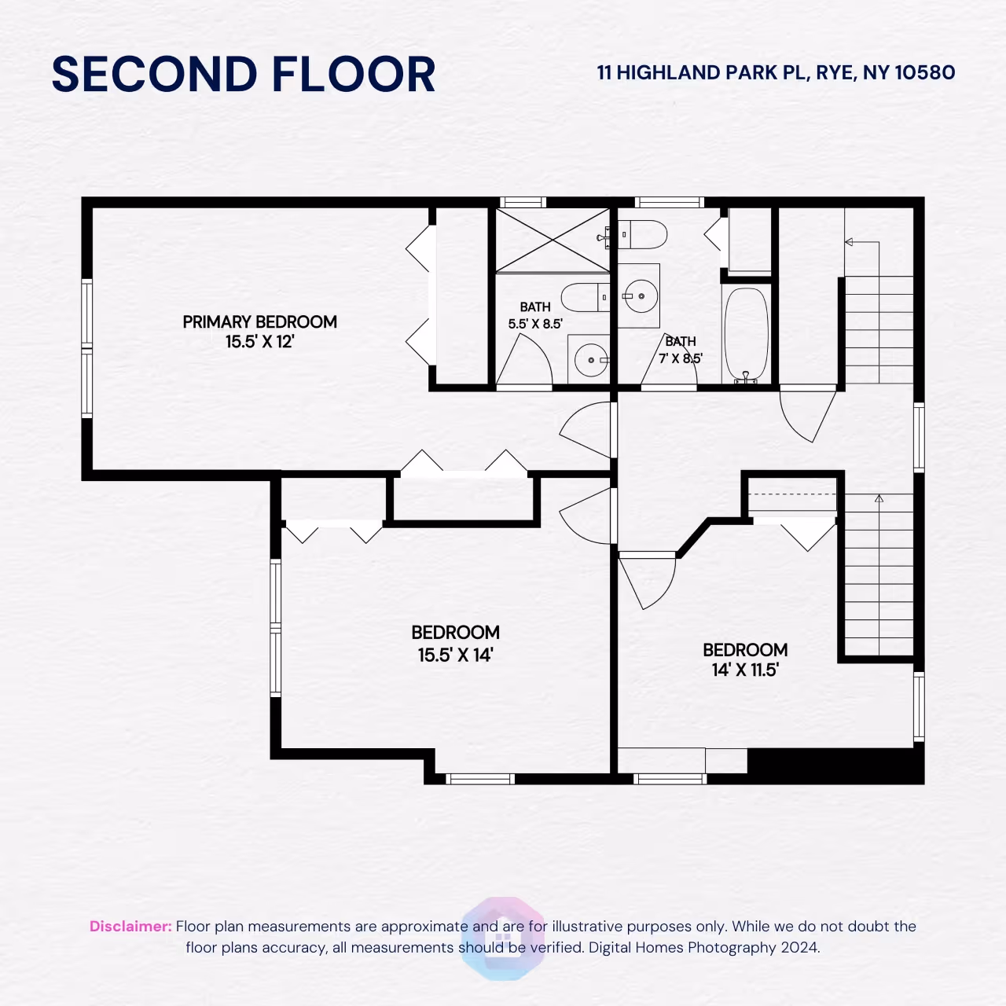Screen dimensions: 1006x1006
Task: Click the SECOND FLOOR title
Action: pos(244,74)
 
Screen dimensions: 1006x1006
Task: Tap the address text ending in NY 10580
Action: pos(776,72)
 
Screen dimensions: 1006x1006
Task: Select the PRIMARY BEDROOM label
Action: pos(259,321)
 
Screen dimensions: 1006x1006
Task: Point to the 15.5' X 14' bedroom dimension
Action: pos(455,655)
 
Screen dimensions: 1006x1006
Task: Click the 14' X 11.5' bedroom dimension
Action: pos(745,670)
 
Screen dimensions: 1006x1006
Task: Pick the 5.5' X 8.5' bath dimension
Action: pos(535,324)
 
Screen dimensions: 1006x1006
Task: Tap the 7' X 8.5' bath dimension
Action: pos(681,358)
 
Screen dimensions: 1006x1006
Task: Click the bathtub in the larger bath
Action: pos(747,334)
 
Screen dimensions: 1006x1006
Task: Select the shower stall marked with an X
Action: pos(553,240)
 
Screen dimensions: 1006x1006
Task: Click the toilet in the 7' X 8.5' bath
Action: pos(643,234)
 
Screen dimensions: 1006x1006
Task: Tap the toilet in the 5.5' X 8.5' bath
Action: pos(585,298)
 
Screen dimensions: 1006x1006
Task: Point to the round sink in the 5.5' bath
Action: pos(590,360)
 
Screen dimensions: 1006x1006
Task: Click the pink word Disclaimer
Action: pos(130,926)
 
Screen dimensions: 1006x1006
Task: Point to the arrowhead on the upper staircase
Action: pos(848,242)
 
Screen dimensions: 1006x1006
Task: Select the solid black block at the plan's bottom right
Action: pos(835,766)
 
